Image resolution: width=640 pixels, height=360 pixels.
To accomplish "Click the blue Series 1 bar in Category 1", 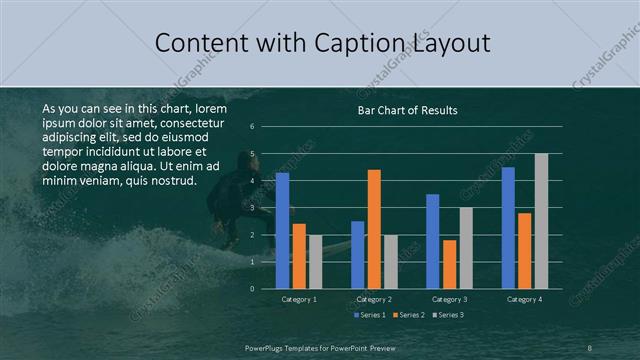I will [x=282, y=230].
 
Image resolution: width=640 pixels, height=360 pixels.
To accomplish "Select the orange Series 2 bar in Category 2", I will [x=374, y=228].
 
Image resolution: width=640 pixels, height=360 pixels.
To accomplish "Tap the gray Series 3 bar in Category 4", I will [x=541, y=220].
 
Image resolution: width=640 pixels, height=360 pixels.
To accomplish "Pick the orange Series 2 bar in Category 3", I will [x=449, y=264].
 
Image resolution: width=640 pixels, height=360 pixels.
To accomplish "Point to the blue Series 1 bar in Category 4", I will [x=508, y=227].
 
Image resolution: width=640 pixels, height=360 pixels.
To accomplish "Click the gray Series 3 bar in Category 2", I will [x=390, y=261].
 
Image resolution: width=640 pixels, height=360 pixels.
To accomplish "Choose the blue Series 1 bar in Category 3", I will [x=433, y=241].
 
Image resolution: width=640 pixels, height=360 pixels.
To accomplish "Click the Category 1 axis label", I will [x=298, y=299].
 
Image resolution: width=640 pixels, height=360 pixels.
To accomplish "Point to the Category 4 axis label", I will [x=524, y=299].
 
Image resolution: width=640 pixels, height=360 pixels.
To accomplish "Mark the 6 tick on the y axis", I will [x=253, y=126].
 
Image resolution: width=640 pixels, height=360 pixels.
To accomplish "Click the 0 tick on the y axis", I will [x=253, y=288].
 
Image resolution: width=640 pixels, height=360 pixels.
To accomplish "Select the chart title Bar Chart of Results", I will [x=407, y=110].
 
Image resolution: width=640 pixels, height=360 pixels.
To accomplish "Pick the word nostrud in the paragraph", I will [x=170, y=181].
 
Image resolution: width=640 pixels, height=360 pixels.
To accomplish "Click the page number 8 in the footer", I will [x=590, y=347].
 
